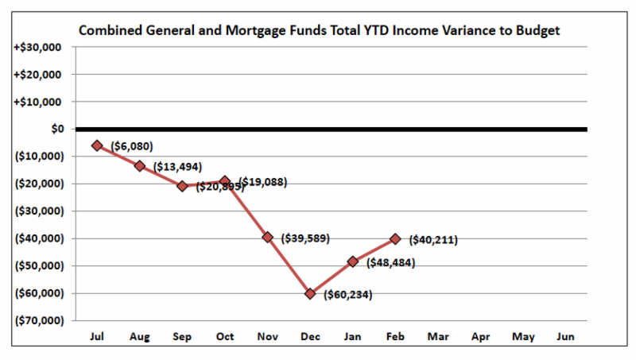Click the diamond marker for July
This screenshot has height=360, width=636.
tap(97, 145)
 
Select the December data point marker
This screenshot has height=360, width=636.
tap(310, 293)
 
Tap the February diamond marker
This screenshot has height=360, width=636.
tap(395, 238)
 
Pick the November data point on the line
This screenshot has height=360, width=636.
tap(268, 237)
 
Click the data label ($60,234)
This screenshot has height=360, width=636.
tap(348, 295)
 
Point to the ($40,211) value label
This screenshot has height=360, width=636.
tap(433, 239)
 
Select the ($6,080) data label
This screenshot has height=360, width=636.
tap(132, 146)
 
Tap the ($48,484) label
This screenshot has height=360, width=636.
tap(390, 262)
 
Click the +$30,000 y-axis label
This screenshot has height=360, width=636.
tap(38, 47)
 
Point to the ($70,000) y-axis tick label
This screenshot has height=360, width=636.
tap(38, 320)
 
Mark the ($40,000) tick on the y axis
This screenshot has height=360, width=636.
tap(38, 238)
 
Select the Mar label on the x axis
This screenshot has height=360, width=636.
tap(438, 336)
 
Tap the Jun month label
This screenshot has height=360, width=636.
tap(566, 336)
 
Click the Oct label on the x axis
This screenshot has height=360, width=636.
tap(225, 336)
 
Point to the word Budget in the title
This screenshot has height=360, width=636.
tap(537, 31)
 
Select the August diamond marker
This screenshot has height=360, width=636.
tap(140, 165)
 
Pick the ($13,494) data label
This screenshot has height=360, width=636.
tap(178, 167)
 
